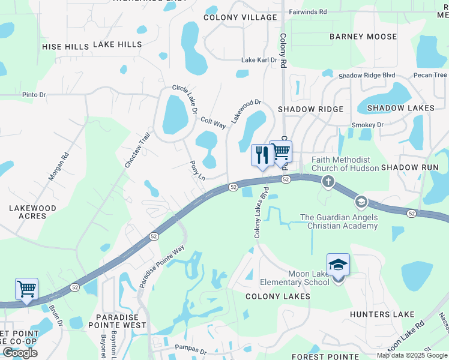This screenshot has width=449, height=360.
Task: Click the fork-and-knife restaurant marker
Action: [262, 156]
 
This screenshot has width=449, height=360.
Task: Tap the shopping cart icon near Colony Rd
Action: [280, 151]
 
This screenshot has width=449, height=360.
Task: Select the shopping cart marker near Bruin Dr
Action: [26, 289]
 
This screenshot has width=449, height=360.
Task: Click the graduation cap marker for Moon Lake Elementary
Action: [338, 265]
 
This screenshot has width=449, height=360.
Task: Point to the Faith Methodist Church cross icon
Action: [328, 181]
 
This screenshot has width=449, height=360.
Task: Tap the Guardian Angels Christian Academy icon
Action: [360, 201]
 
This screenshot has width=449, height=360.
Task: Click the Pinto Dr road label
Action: [34, 95]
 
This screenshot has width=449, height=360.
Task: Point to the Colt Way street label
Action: [213, 122]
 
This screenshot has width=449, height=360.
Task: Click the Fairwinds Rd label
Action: [308, 11]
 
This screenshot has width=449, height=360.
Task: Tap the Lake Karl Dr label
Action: [259, 60]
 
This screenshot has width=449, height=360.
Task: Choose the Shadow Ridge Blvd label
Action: [367, 76]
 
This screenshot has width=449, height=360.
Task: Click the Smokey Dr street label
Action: [367, 125]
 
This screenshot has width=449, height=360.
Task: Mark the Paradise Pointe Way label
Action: [161, 266]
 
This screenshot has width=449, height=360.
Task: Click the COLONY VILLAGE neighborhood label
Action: [240, 18]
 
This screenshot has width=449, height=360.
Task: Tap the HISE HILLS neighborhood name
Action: [65, 46]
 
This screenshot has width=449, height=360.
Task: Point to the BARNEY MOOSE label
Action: [363, 37]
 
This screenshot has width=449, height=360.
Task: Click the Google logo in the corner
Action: [20, 353]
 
